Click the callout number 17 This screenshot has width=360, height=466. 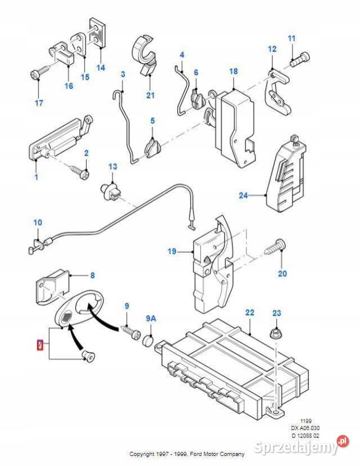click(x=39, y=103)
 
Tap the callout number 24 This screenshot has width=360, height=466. click(x=243, y=196)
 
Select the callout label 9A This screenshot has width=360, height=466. click(x=151, y=319)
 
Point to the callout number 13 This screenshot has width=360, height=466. click(x=113, y=167)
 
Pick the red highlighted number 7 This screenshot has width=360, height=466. click(x=39, y=344)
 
